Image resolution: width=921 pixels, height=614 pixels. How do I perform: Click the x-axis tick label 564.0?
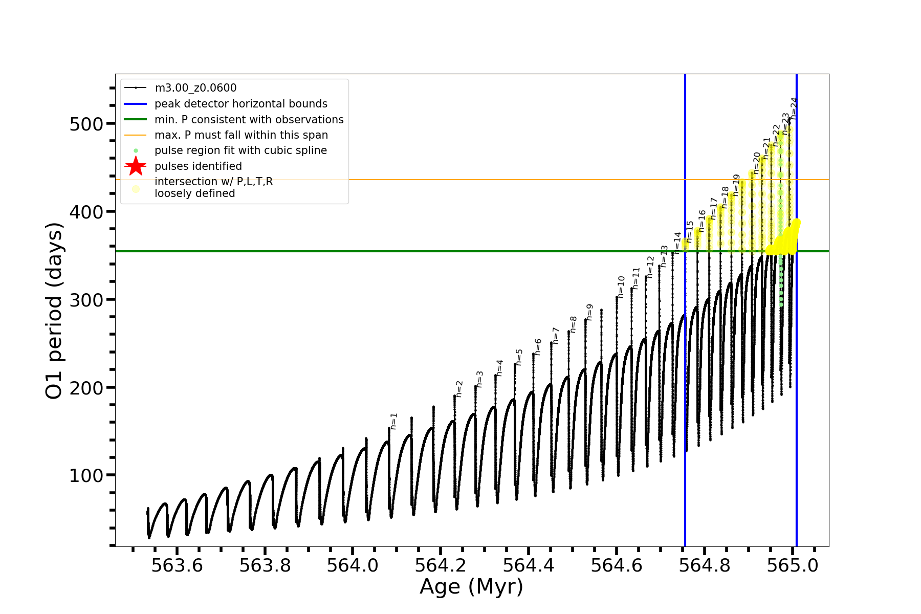[353, 565]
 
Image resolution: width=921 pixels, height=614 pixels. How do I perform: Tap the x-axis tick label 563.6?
[177, 565]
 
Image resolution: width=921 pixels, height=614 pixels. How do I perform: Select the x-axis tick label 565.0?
[792, 565]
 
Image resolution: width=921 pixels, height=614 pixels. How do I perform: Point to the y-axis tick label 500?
[86, 124]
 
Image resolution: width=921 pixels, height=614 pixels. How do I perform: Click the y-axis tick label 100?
[86, 475]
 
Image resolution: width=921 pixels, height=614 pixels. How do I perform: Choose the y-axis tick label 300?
[86, 300]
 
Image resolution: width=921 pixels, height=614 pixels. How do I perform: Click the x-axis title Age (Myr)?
[471, 587]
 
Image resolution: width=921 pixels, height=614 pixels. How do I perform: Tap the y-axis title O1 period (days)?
[54, 311]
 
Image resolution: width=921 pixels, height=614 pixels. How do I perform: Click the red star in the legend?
[136, 166]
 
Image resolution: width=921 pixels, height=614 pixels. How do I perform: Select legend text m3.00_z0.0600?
[195, 88]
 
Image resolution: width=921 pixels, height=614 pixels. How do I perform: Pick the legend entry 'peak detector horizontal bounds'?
[240, 104]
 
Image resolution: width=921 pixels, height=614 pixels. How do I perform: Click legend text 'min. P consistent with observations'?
[249, 120]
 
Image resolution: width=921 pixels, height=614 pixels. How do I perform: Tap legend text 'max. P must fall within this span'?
[241, 135]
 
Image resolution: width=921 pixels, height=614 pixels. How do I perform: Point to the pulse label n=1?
[393, 421]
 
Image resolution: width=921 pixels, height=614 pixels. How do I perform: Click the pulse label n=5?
[519, 357]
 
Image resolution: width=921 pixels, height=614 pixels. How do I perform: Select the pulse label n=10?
[621, 287]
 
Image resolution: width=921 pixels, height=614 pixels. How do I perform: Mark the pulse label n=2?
[459, 389]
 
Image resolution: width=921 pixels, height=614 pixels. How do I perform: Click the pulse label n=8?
[573, 324]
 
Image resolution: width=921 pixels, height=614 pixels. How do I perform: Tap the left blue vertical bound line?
[685, 358]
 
